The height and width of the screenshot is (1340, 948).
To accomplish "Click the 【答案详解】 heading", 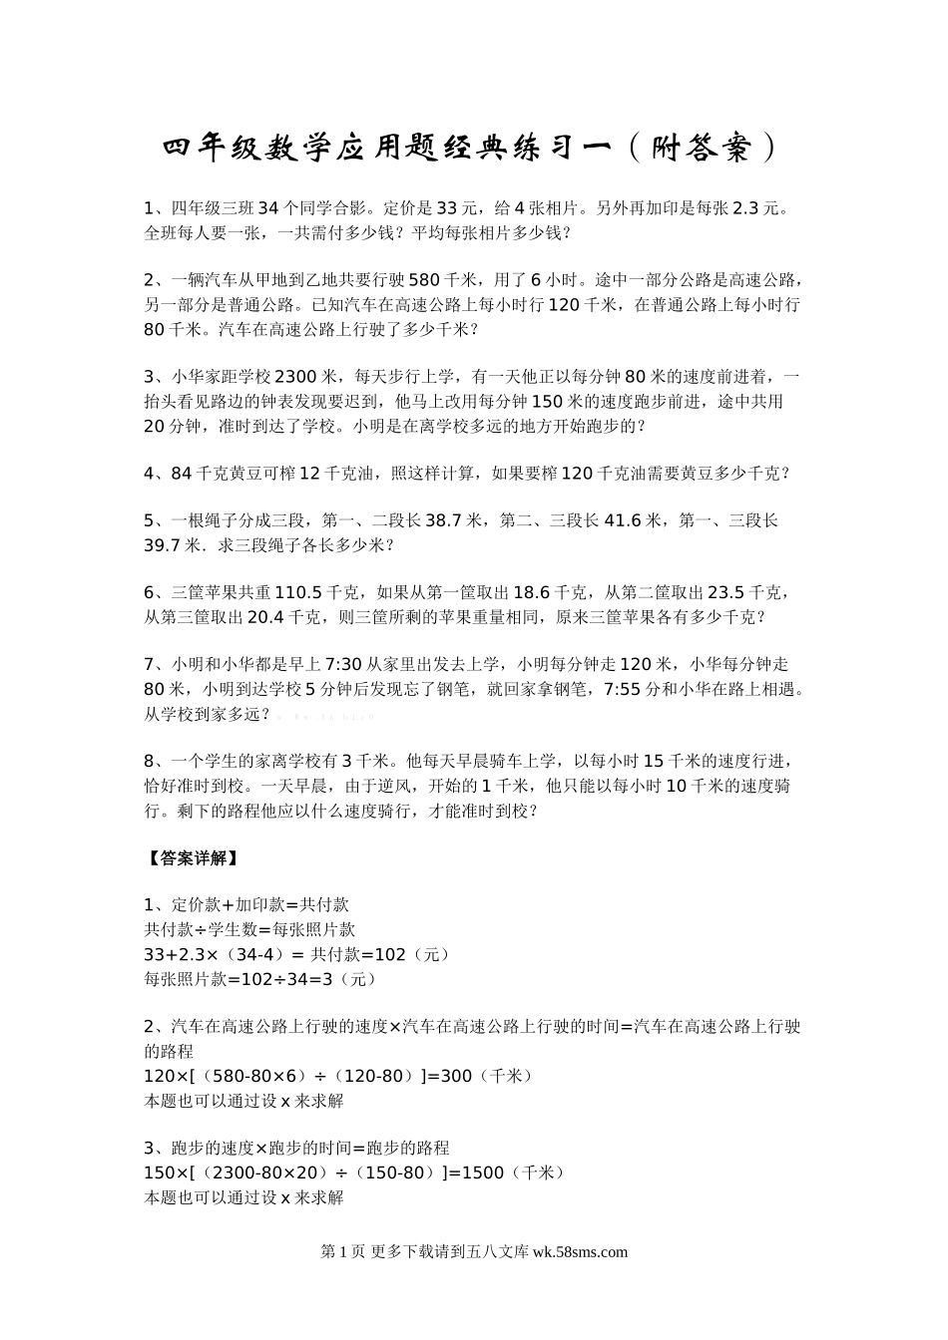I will tap(191, 857).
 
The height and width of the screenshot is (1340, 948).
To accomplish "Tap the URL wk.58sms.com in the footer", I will tap(581, 1252).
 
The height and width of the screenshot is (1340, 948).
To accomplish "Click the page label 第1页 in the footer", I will tap(342, 1252).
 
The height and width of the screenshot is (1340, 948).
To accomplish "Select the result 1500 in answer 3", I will tap(484, 1173).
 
